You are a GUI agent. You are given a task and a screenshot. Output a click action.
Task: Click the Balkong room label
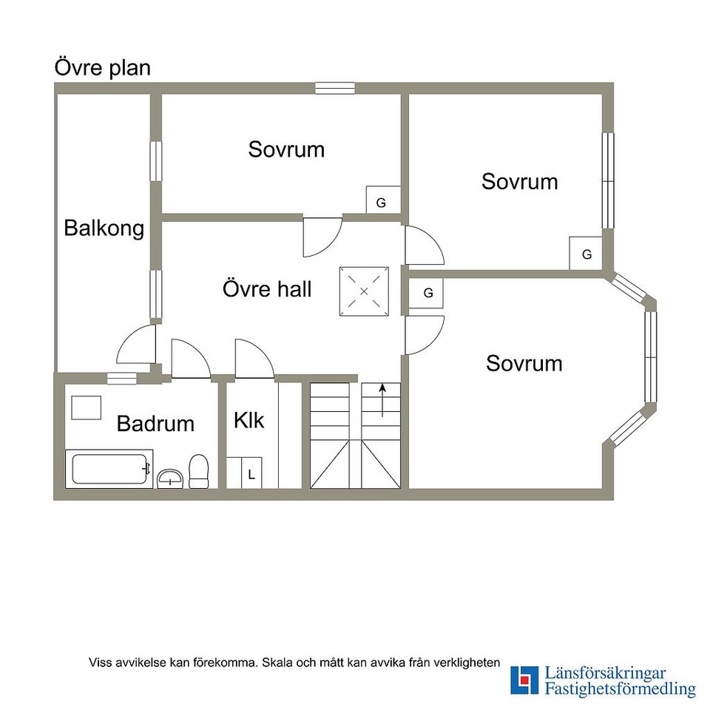point(104,228)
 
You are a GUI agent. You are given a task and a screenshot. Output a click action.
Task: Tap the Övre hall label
point(267,289)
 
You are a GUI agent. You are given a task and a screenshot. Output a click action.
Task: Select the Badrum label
point(155,423)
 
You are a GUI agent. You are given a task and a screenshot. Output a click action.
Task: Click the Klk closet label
point(249,420)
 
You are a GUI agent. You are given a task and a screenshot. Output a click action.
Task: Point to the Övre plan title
point(102,68)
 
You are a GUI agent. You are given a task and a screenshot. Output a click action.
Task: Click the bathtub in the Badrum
point(109,469)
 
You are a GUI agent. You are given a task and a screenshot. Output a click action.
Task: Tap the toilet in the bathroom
point(198,471)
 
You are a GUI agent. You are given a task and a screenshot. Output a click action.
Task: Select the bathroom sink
point(170,479)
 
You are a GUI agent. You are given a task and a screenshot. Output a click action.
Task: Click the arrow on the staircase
point(382,400)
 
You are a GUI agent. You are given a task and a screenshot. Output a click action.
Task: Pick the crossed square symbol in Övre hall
point(364,291)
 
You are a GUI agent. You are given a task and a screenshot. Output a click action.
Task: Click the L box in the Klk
point(251,473)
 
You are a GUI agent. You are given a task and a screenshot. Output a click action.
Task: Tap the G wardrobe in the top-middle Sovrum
point(383,199)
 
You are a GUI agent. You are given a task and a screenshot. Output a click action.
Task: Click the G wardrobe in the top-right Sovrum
point(586,253)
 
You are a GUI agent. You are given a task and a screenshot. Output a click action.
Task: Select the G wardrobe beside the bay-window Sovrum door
point(426,293)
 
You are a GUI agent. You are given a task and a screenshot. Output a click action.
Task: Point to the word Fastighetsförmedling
point(620,689)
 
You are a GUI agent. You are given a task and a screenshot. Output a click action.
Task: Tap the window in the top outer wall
point(335,88)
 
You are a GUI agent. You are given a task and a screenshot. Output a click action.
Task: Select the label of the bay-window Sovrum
point(524,364)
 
